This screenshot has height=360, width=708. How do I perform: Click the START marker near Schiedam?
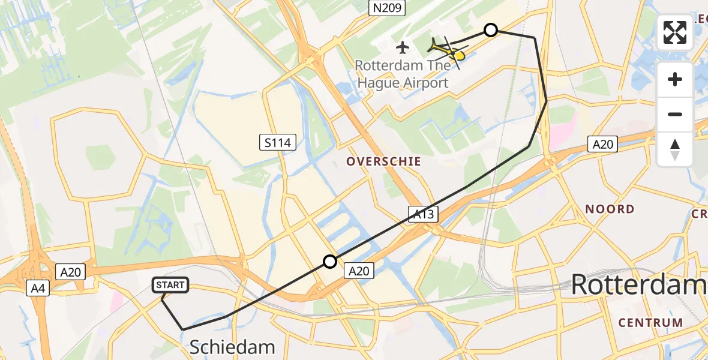coord(171,285)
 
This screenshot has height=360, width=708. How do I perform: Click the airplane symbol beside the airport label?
coord(403,47)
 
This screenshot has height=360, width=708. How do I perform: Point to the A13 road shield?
coord(425,214)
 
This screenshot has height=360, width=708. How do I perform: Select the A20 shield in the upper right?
coord(602,144)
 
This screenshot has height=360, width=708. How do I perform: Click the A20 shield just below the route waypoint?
coord(359,271)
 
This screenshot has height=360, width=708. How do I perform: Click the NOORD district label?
coord(610,209)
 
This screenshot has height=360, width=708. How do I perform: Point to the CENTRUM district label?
coord(650,322)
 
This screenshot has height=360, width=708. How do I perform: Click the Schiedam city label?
coord(232,347)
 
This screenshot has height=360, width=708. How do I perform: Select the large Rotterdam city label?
coord(639,284)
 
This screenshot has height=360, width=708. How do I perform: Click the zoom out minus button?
coord(675,114)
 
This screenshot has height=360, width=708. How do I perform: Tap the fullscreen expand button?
coord(675,32)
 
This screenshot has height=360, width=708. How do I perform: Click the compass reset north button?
coord(675,149)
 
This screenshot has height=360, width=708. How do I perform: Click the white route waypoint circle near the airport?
coord(491,30)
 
